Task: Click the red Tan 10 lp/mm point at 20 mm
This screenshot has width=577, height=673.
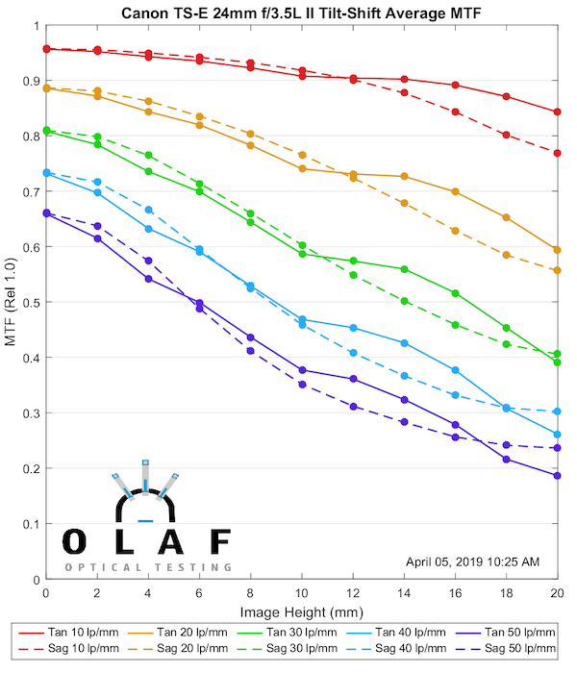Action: (557, 112)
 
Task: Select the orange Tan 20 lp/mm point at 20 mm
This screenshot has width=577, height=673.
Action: (557, 250)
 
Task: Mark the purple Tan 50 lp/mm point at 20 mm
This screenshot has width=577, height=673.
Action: (557, 475)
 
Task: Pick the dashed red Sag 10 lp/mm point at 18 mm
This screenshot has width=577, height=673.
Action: (506, 135)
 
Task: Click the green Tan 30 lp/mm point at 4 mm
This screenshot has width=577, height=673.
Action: (148, 171)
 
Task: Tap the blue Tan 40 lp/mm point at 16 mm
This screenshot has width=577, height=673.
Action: (455, 370)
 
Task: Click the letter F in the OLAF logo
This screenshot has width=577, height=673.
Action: (220, 542)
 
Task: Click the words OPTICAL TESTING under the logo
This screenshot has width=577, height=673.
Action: (148, 567)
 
